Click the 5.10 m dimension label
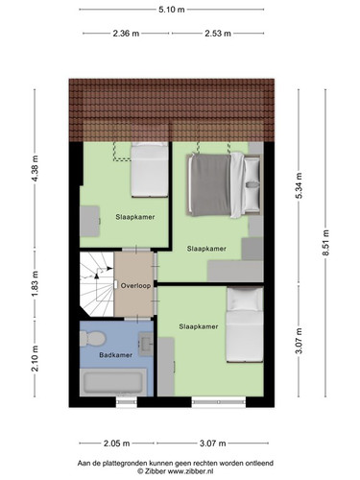pyautogui.click(x=172, y=10)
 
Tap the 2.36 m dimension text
pyautogui.click(x=126, y=34)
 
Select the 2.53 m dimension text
pyautogui.click(x=218, y=34)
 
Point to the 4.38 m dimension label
pyautogui.click(x=35, y=169)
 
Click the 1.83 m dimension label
pyautogui.click(x=35, y=284)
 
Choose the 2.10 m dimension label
pyautogui.click(x=35, y=358)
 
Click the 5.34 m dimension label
pyautogui.click(x=299, y=185)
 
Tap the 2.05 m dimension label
pyautogui.click(x=116, y=444)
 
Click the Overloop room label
pyautogui.click(x=135, y=286)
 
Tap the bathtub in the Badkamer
pyautogui.click(x=113, y=382)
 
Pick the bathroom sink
pyautogui.click(x=146, y=345)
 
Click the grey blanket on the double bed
pyautogui.click(x=210, y=185)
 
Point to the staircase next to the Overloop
pyautogui.click(x=97, y=284)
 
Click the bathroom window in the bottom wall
pyautogui.click(x=127, y=402)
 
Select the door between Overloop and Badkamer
pyautogui.click(x=137, y=319)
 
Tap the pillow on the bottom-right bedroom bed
pyautogui.click(x=245, y=300)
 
